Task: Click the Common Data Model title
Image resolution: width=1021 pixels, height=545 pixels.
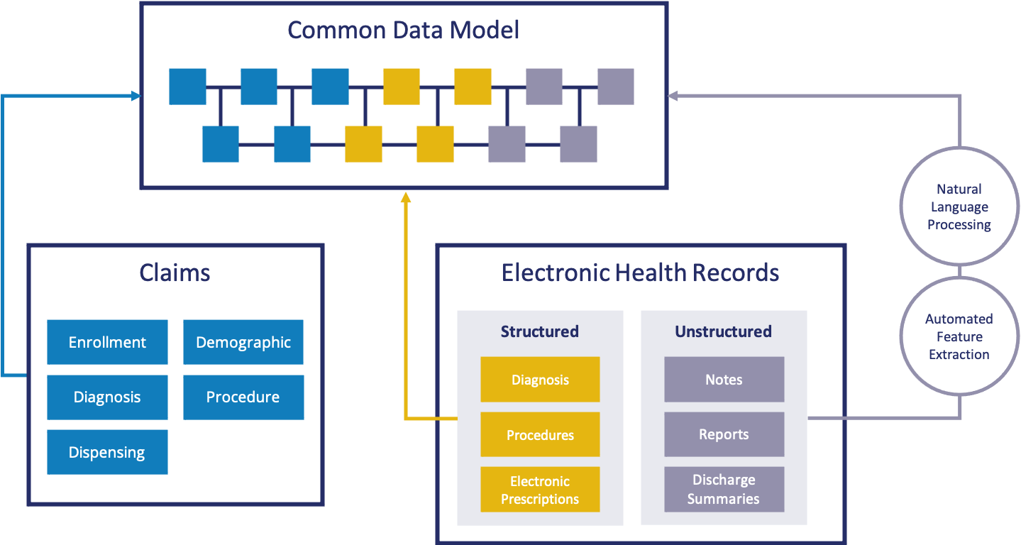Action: pyautogui.click(x=403, y=31)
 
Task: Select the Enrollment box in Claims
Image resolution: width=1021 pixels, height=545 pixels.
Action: pyautogui.click(x=107, y=342)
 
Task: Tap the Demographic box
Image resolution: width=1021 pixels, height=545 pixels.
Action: pyautogui.click(x=243, y=342)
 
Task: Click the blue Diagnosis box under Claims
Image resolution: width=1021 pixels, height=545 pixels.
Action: pyautogui.click(x=107, y=397)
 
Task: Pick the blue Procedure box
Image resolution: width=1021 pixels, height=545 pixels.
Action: pyautogui.click(x=243, y=397)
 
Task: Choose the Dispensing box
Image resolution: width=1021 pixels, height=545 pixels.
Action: pyautogui.click(x=107, y=452)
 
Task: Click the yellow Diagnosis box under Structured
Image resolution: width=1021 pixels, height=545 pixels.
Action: pyautogui.click(x=540, y=380)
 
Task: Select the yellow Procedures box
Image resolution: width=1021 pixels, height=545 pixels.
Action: pyautogui.click(x=540, y=434)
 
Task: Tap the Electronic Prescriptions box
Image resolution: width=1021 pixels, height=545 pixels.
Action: pyautogui.click(x=540, y=490)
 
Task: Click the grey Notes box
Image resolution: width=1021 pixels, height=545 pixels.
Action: pyautogui.click(x=724, y=380)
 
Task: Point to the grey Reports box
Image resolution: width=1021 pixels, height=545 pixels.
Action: pyautogui.click(x=724, y=434)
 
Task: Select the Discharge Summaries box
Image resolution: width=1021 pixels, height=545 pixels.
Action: pyautogui.click(x=724, y=490)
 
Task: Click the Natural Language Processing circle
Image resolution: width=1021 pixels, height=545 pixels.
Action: pyautogui.click(x=959, y=207)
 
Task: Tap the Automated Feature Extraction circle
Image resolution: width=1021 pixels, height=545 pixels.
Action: pyautogui.click(x=959, y=336)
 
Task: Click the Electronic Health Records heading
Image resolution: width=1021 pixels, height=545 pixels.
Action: pyautogui.click(x=640, y=273)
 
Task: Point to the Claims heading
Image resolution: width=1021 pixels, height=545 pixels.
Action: pyautogui.click(x=175, y=273)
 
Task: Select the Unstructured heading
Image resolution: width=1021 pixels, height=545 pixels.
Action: pyautogui.click(x=723, y=331)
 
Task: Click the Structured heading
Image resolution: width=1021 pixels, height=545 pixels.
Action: pyautogui.click(x=539, y=331)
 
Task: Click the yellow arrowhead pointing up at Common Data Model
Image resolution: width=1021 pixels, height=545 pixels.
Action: pyautogui.click(x=406, y=197)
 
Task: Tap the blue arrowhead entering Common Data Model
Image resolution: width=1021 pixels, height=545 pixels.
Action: pyautogui.click(x=136, y=96)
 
